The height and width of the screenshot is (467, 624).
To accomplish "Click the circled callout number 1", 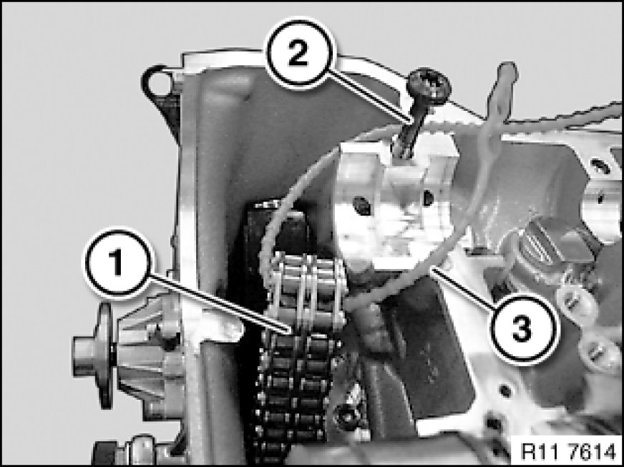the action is point(117,263).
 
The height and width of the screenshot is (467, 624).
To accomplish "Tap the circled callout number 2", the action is point(298,53).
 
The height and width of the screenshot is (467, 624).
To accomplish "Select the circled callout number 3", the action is point(522,328).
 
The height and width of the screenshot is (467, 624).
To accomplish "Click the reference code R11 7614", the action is point(568,451).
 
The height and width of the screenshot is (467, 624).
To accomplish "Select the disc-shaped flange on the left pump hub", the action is point(105,356).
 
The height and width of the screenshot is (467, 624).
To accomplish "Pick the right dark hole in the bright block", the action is point(428,197).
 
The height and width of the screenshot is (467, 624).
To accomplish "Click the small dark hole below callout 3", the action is point(504,390).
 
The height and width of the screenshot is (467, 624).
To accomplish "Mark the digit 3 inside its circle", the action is point(522,328).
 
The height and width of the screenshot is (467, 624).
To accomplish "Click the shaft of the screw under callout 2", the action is point(410,127).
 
